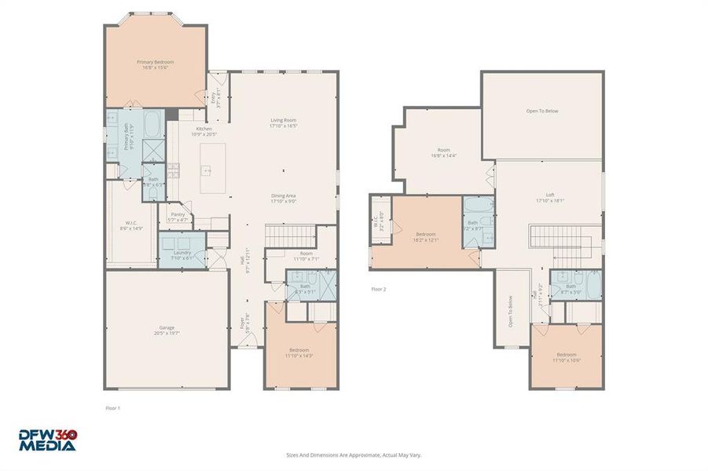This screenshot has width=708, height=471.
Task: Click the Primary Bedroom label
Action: click(x=155, y=64)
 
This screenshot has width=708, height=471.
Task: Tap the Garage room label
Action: click(x=167, y=330)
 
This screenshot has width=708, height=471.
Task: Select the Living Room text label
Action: click(x=283, y=122)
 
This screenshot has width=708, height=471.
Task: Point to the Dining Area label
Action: click(x=283, y=198)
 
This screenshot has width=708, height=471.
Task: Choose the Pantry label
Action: click(x=178, y=217)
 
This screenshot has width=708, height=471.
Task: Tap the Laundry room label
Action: click(x=182, y=254)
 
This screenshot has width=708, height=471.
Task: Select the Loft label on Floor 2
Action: click(x=550, y=198)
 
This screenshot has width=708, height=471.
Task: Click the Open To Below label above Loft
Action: click(x=542, y=111)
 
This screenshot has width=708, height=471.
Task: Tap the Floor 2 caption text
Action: click(x=379, y=289)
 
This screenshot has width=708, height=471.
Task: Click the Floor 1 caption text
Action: click(x=113, y=408)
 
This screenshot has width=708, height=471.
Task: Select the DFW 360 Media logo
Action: click(x=49, y=440)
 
